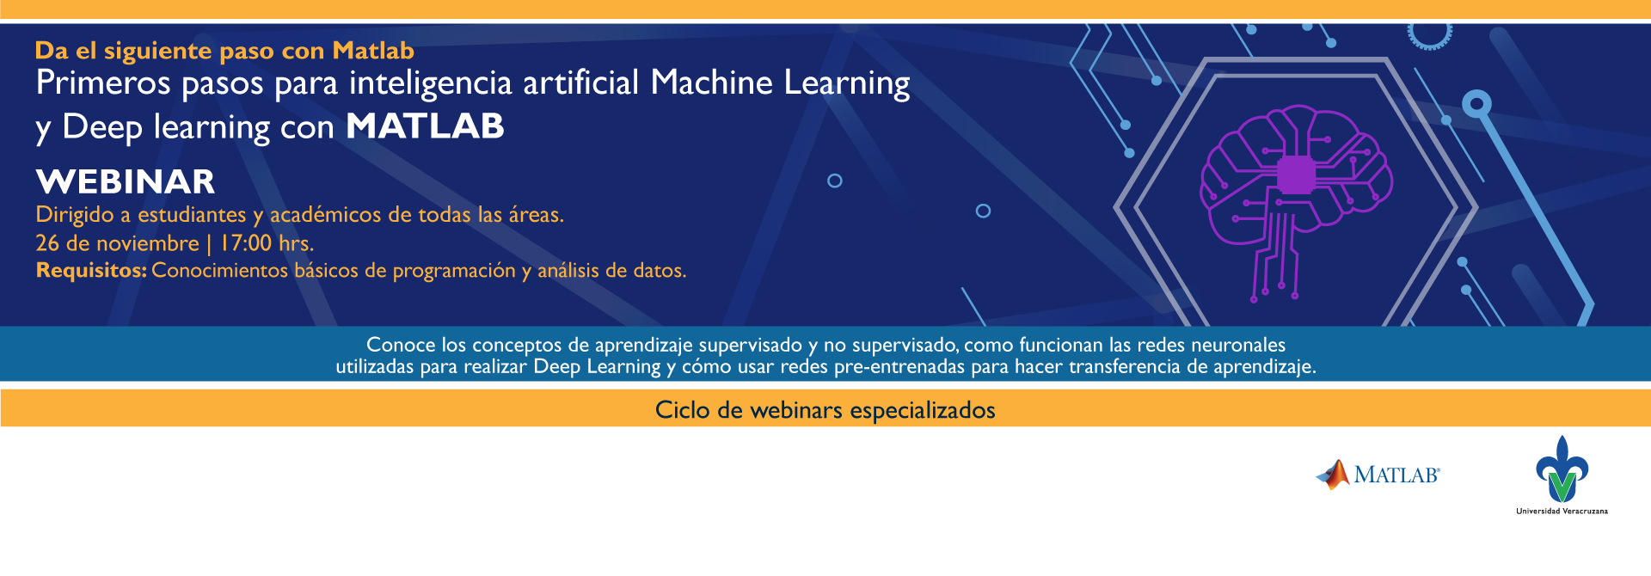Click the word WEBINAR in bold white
(126, 182)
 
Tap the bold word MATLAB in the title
(425, 126)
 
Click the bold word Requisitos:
(91, 271)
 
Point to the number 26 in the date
(47, 243)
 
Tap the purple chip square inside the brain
(1296, 175)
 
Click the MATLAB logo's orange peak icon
(1333, 475)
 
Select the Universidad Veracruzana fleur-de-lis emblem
(1562, 469)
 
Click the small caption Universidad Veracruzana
(1562, 512)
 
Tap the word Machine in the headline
(712, 83)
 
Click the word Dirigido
(75, 215)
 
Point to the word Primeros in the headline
(103, 83)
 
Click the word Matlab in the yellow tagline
(373, 51)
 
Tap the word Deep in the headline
(102, 128)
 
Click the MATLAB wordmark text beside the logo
(1396, 475)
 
